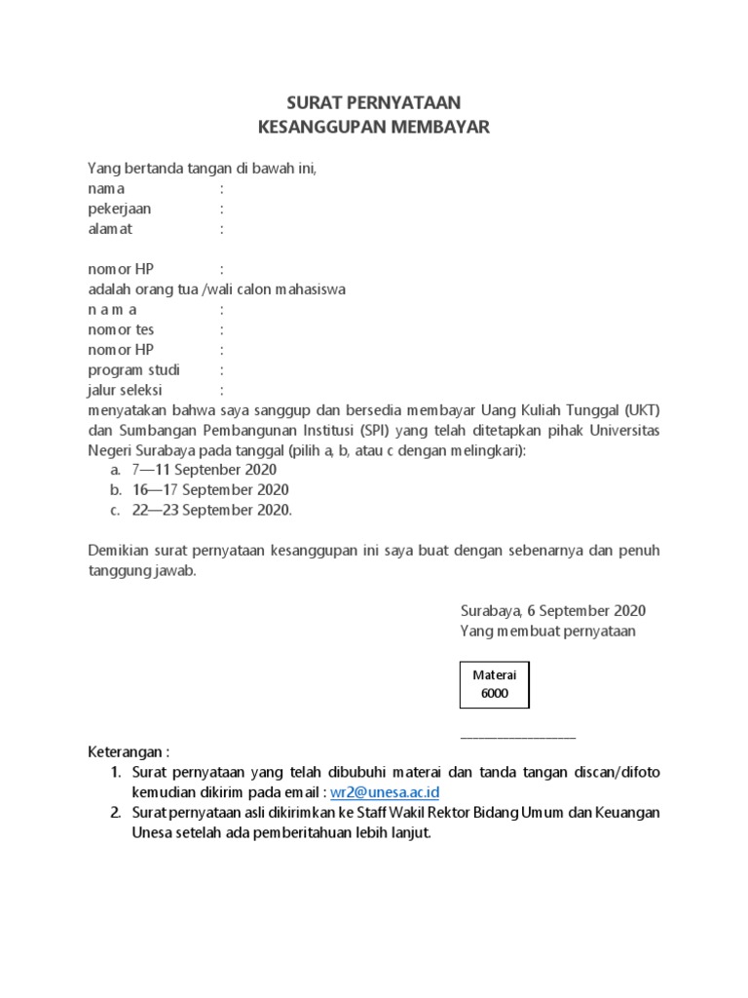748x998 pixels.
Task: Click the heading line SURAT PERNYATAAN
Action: pyautogui.click(x=374, y=102)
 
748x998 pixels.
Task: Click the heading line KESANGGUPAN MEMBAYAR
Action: pyautogui.click(x=374, y=127)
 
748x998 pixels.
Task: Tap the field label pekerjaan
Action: pyautogui.click(x=120, y=209)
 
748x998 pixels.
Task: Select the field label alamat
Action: pyautogui.click(x=110, y=229)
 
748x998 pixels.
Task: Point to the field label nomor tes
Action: pyautogui.click(x=121, y=329)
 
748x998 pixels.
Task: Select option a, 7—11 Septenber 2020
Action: pyautogui.click(x=204, y=469)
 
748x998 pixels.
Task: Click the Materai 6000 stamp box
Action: pyautogui.click(x=495, y=684)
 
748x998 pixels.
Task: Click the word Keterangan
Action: pyautogui.click(x=126, y=752)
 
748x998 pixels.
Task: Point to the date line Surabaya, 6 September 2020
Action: pyautogui.click(x=552, y=611)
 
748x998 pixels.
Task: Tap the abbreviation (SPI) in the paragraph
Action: pyautogui.click(x=376, y=431)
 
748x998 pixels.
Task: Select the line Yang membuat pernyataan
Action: pyautogui.click(x=547, y=632)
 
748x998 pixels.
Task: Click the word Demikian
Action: pyautogui.click(x=118, y=551)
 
